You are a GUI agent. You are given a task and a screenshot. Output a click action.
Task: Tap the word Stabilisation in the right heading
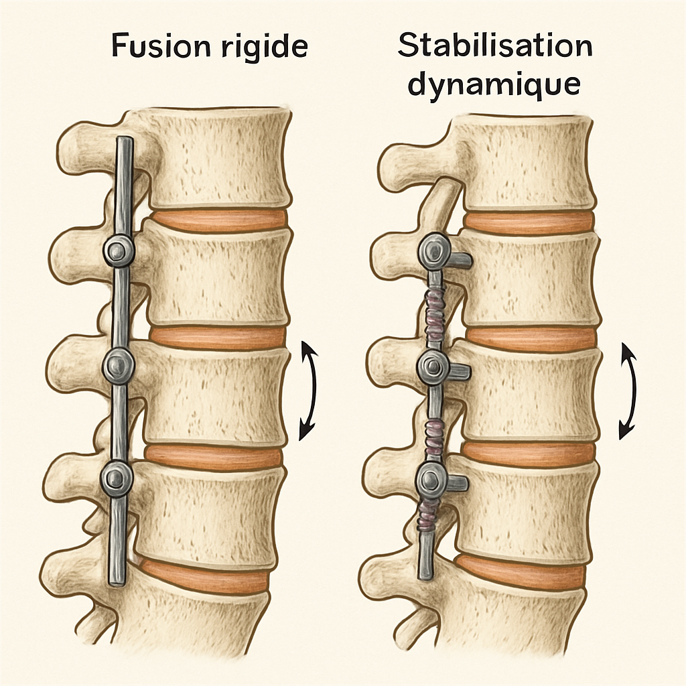click(494, 47)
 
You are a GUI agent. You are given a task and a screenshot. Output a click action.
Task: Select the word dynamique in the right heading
click(494, 86)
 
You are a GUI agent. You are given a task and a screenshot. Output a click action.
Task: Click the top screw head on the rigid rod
click(120, 251)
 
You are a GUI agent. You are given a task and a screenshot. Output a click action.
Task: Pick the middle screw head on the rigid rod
click(120, 364)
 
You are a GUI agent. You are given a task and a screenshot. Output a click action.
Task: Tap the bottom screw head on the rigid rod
click(119, 477)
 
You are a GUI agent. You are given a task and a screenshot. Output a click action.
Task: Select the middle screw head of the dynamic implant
click(433, 366)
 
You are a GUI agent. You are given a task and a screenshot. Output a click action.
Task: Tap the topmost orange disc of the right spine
click(529, 222)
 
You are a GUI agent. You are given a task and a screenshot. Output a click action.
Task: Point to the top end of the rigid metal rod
click(125, 142)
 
